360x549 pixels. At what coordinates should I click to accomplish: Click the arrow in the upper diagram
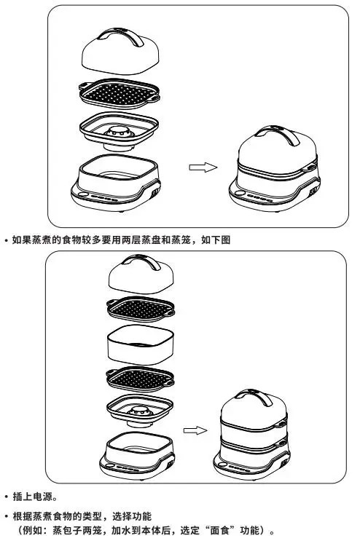point(203,167)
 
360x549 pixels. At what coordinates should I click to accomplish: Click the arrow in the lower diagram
point(195,430)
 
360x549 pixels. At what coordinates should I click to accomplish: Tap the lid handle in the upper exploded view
point(121,36)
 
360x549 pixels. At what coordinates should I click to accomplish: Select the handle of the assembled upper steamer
point(278,134)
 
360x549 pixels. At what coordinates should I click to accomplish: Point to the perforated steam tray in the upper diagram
point(120,93)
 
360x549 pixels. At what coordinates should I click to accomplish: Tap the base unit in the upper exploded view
point(116,183)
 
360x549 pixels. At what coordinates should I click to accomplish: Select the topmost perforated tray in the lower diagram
point(140,309)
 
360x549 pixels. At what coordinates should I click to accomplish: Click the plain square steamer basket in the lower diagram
point(141,345)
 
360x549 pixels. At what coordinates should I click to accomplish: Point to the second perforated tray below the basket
point(140,379)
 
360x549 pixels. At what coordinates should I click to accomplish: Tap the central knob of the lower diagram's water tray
point(140,412)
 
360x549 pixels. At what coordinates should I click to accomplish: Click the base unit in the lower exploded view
point(137,457)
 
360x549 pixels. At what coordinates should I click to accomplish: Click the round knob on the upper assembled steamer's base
point(240,193)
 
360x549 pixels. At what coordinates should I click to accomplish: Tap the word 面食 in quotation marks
point(219,531)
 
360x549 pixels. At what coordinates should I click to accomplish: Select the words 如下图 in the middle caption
point(216,240)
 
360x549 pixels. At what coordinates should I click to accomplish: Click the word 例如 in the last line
point(33,531)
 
